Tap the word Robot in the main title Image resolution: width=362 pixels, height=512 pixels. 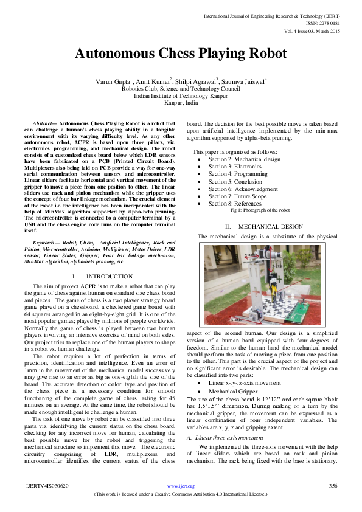pos(263,54)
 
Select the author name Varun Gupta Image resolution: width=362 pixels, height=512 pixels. pos(111,81)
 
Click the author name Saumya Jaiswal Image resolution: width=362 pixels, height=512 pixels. pos(244,81)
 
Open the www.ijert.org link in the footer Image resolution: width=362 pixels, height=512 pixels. pos(181,486)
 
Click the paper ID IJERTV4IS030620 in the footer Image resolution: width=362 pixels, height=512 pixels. pos(47,486)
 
